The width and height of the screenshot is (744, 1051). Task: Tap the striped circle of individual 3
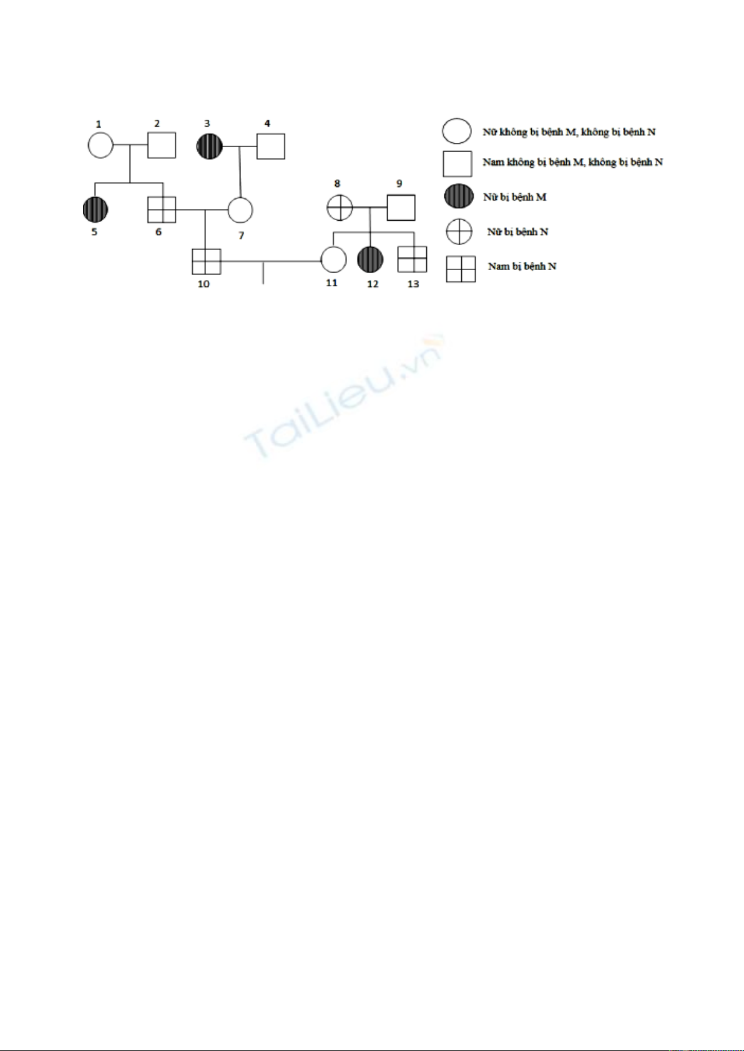pyautogui.click(x=209, y=146)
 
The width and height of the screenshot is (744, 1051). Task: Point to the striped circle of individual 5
pyautogui.click(x=95, y=209)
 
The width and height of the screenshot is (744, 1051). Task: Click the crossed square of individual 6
pyautogui.click(x=162, y=209)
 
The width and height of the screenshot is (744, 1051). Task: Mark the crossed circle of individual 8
pyautogui.click(x=340, y=207)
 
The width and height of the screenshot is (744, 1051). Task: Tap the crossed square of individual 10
pyautogui.click(x=207, y=261)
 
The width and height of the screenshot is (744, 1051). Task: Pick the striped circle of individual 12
pyautogui.click(x=370, y=259)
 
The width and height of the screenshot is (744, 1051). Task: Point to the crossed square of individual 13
pyautogui.click(x=412, y=259)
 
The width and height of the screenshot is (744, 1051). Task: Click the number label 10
pyautogui.click(x=203, y=284)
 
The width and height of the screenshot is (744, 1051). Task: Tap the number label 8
pyautogui.click(x=337, y=183)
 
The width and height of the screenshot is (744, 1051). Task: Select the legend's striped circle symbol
pyautogui.click(x=459, y=196)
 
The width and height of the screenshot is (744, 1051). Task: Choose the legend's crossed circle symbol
pyautogui.click(x=459, y=232)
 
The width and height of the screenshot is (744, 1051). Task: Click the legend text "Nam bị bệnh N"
pyautogui.click(x=522, y=266)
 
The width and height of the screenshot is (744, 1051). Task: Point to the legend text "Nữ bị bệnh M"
pyautogui.click(x=514, y=197)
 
